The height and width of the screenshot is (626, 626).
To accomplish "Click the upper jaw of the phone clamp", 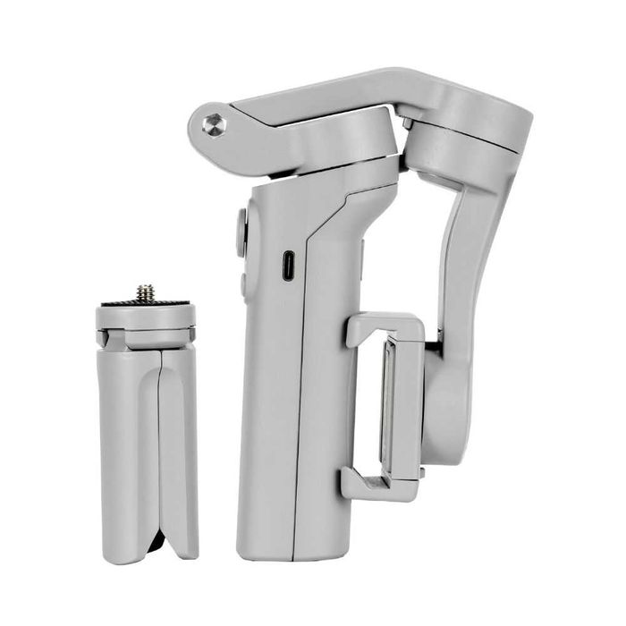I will point(380,326).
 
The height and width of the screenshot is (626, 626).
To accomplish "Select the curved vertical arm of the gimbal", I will point(465,259).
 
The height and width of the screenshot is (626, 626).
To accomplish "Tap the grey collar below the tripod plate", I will point(146,335).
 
